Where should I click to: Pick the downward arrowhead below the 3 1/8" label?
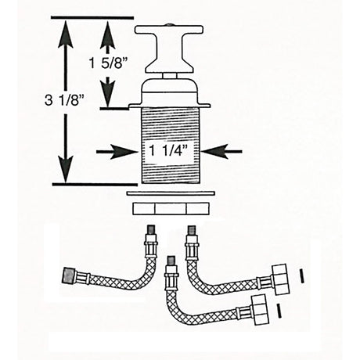63,171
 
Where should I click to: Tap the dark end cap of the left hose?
70,276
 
